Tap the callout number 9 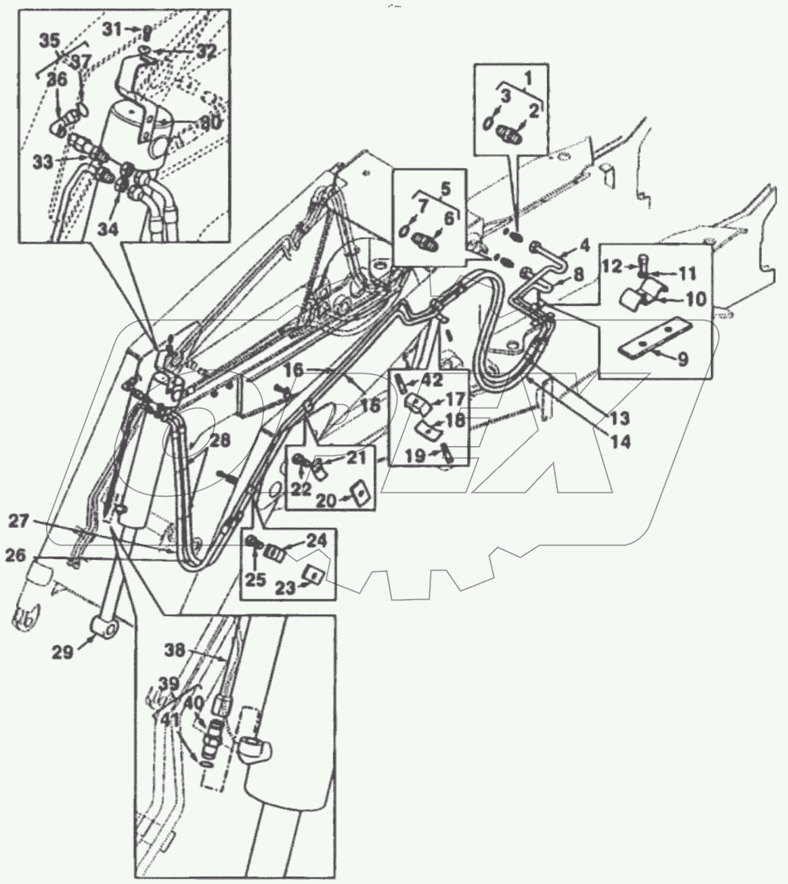(683, 358)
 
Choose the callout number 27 (18, 522)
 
